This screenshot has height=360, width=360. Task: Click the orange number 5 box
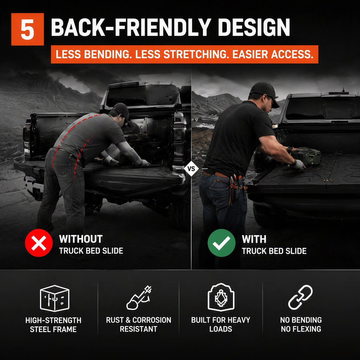point(27,29)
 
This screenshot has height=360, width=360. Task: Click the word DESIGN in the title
point(254,27)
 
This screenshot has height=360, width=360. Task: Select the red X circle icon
point(39,243)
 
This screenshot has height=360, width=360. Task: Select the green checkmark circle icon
point(221,243)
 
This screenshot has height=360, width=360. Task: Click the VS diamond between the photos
point(191,169)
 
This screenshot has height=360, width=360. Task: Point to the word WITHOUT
point(81,239)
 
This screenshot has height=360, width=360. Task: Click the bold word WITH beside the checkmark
point(254,239)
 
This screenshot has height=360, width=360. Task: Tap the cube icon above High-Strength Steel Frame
point(54,298)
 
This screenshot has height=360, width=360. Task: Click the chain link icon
point(300,297)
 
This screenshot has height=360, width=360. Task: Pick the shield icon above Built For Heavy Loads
point(221,297)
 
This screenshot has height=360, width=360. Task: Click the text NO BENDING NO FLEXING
point(301,324)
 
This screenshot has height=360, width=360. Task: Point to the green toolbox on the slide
point(307,156)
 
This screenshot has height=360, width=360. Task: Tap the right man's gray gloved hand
point(298,165)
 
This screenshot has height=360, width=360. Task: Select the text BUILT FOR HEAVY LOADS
point(221,324)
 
